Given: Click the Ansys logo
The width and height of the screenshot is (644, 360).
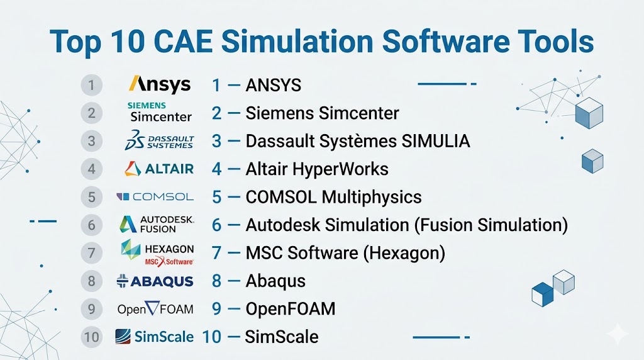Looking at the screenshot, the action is (x=160, y=84).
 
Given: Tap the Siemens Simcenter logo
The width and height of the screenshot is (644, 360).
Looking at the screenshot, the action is (x=160, y=112).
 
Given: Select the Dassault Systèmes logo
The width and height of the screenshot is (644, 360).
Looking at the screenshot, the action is (x=159, y=140).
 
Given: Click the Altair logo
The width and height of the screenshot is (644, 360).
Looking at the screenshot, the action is (x=159, y=169).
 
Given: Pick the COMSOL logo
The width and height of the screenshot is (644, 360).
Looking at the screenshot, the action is (x=155, y=197).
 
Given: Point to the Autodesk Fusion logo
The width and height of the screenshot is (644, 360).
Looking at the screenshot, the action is (x=157, y=225).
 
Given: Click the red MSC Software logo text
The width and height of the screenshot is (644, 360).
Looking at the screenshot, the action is (x=169, y=261).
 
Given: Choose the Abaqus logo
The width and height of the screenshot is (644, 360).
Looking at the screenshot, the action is (x=155, y=281).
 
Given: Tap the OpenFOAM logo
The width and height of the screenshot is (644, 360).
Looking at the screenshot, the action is (x=155, y=308).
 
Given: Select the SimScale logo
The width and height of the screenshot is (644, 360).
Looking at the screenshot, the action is (x=155, y=337).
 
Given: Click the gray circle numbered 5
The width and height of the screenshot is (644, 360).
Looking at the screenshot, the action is (x=92, y=197).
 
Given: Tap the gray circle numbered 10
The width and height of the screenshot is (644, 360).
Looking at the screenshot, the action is (x=92, y=337).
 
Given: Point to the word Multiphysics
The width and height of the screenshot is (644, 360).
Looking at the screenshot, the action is (x=372, y=197).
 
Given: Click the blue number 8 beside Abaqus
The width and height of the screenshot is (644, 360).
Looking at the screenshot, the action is (x=217, y=281).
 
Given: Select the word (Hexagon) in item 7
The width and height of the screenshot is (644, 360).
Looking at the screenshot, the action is (x=404, y=253).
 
